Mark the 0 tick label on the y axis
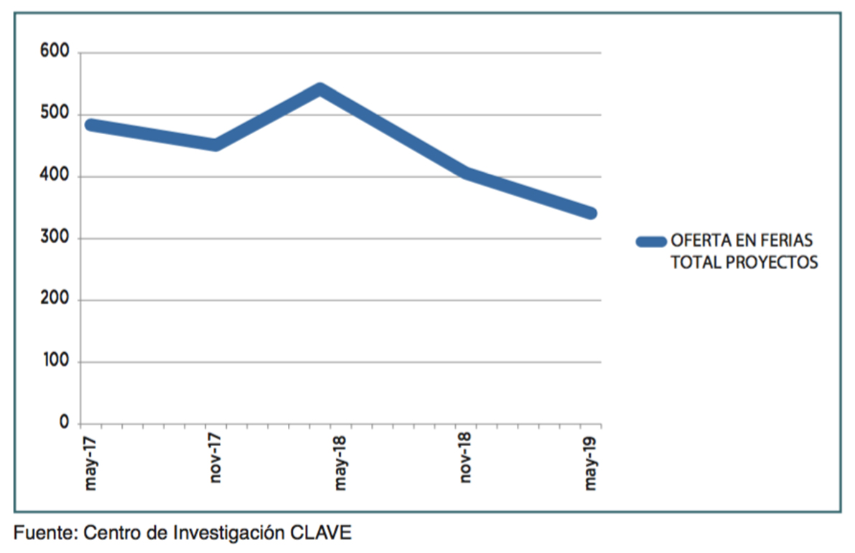pyautogui.click(x=64, y=423)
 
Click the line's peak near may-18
pyautogui.click(x=320, y=90)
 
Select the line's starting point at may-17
pyautogui.click(x=90, y=125)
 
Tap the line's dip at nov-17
pyautogui.click(x=215, y=145)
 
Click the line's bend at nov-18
pyautogui.click(x=466, y=173)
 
